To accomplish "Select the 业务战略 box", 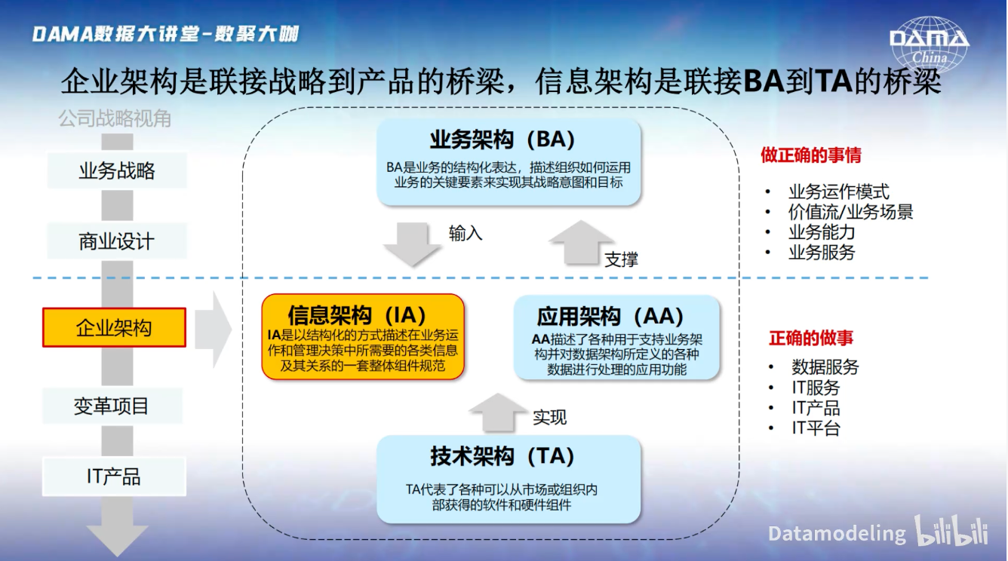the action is pos(117,170).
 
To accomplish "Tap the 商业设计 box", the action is pos(117,241).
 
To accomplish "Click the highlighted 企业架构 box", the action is pos(114,327).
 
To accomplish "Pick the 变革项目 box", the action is pos(112,406).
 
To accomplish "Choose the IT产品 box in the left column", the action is pos(114,477).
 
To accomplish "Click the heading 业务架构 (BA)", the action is pos(502,139).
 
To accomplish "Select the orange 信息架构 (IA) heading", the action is pos(357,314).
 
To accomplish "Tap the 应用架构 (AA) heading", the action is pos(610,316).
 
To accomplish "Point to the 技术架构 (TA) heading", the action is pos(502,455).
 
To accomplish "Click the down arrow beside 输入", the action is pos(412,244).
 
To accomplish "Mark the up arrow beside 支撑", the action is pos(581,243).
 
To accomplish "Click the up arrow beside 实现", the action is pos(498,412).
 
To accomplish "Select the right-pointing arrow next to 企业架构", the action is pos(214,330).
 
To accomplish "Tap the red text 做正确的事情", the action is pos(811,155).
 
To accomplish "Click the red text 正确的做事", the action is pos(811,338).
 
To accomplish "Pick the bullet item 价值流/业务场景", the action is pos(850,212).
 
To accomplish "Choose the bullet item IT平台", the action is pos(816,428).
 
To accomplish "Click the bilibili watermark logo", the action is pos(951,532).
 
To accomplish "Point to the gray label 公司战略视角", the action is pos(115,119).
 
